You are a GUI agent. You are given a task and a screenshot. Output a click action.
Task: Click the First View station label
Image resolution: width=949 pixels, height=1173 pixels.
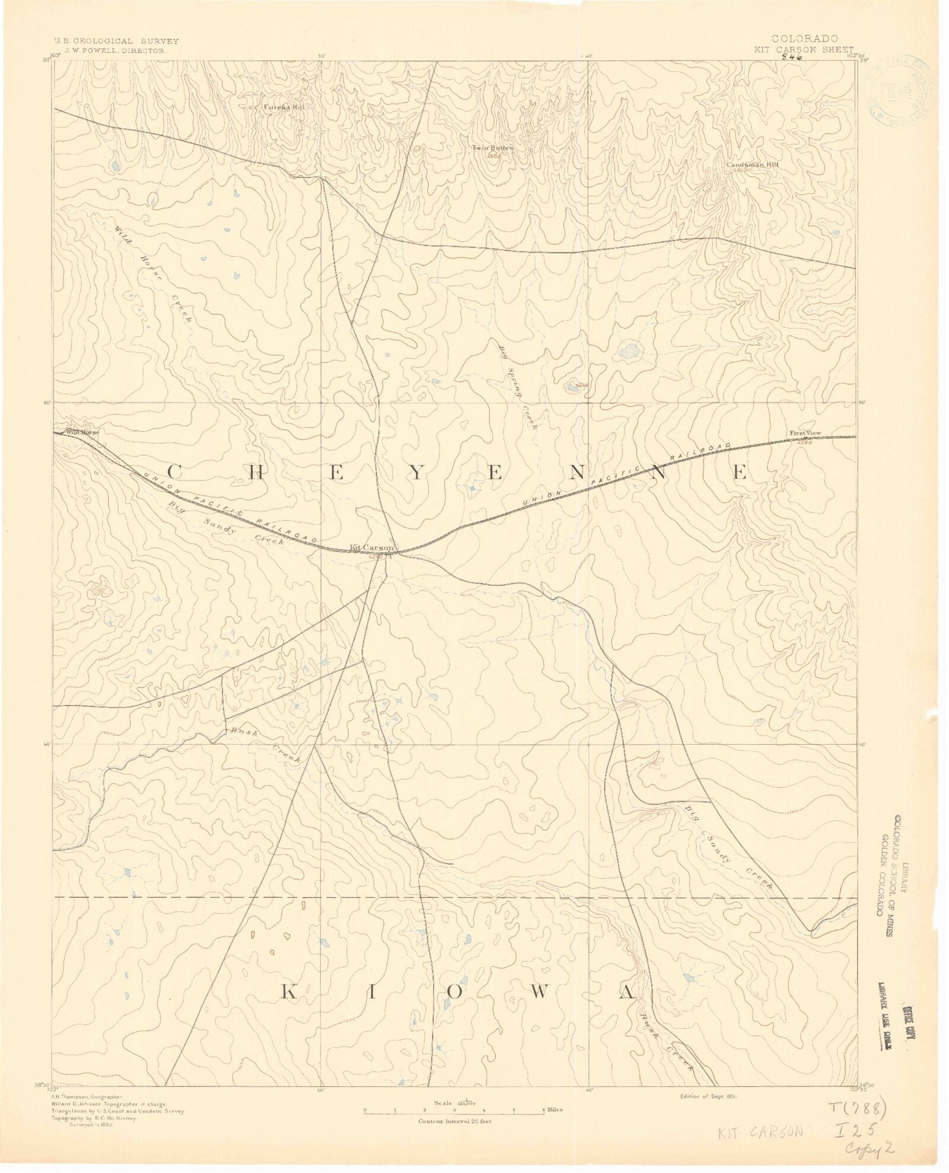coord(805,434)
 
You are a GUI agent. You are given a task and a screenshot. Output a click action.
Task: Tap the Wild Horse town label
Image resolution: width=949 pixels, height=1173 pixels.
coord(82,432)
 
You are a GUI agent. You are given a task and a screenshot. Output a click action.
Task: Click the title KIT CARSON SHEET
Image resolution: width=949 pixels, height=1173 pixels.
coord(804,50)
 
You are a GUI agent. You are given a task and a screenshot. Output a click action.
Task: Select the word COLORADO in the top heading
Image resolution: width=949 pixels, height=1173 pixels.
coord(804,39)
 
